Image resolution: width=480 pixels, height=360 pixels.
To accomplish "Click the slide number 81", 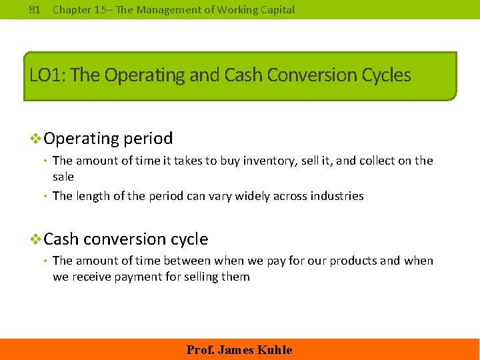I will point(36,9).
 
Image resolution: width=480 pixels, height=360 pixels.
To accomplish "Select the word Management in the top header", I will point(155,9).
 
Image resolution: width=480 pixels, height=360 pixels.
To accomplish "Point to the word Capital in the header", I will point(276,9).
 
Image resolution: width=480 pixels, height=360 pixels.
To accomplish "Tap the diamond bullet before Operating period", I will point(37,139).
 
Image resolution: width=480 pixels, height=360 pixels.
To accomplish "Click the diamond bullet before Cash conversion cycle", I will point(37,239).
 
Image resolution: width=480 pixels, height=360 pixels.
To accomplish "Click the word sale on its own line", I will point(63,177).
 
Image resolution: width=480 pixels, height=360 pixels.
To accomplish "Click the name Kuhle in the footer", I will point(274,350).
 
